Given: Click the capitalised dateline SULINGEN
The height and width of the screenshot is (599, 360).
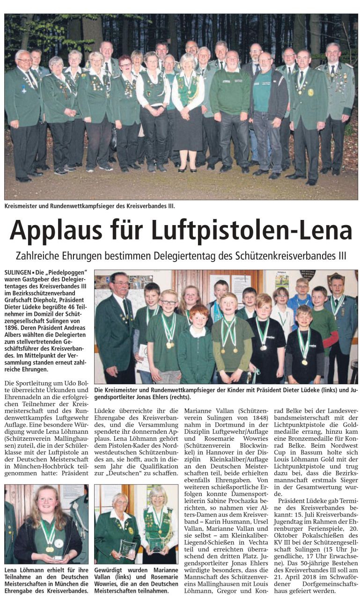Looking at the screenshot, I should [18, 272].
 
